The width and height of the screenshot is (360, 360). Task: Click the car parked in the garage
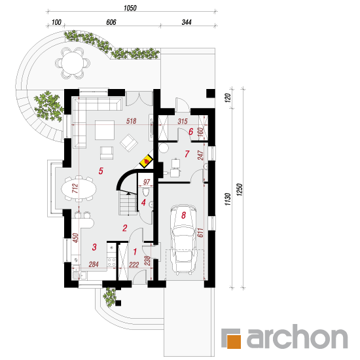point(184,240)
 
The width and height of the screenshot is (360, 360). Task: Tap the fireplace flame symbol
point(146,161)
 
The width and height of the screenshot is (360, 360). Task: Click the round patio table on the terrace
point(73,63)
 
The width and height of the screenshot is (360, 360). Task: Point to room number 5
point(101,171)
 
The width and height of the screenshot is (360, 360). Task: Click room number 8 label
point(183,215)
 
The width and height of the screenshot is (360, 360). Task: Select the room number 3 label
point(94,247)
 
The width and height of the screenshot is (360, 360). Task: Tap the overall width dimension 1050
point(130,8)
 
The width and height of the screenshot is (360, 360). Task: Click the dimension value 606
point(111,22)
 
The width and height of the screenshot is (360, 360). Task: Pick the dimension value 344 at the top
point(187,22)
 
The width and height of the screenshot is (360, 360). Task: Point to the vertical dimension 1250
point(239,190)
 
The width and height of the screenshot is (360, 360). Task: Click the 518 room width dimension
point(131,121)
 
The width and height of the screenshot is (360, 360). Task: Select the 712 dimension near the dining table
point(75,189)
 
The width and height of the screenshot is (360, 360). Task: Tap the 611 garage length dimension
point(200,232)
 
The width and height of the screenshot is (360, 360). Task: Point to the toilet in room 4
point(146,192)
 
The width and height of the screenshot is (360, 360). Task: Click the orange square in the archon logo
point(234,342)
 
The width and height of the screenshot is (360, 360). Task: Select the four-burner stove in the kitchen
point(111,262)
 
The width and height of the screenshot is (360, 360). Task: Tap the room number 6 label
point(190,132)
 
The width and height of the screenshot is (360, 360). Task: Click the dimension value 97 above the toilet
point(147,182)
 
